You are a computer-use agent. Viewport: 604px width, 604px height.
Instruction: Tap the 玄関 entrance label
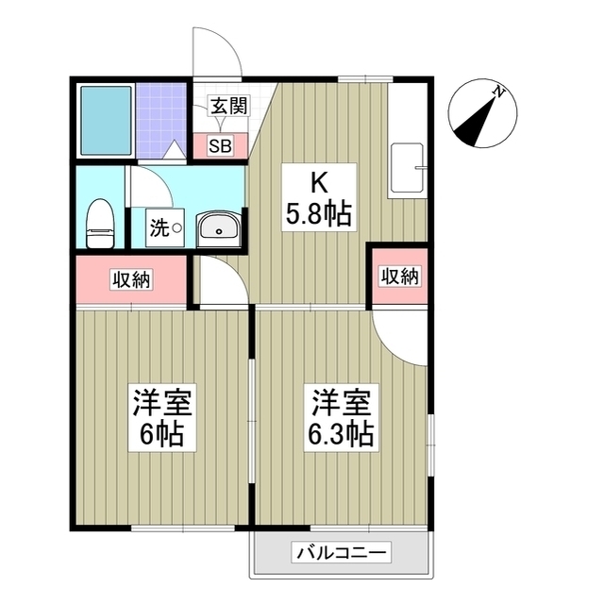click(x=227, y=106)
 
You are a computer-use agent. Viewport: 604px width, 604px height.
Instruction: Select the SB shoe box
click(x=220, y=145)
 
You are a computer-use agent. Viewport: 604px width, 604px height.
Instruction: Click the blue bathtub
click(x=105, y=121)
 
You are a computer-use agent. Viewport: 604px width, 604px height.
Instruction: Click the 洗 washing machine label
click(x=161, y=227)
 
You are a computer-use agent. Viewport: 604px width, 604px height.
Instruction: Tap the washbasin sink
click(x=220, y=228)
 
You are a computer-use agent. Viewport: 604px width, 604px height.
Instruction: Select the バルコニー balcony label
click(x=341, y=552)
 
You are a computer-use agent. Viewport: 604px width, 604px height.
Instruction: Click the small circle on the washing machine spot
click(x=176, y=227)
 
